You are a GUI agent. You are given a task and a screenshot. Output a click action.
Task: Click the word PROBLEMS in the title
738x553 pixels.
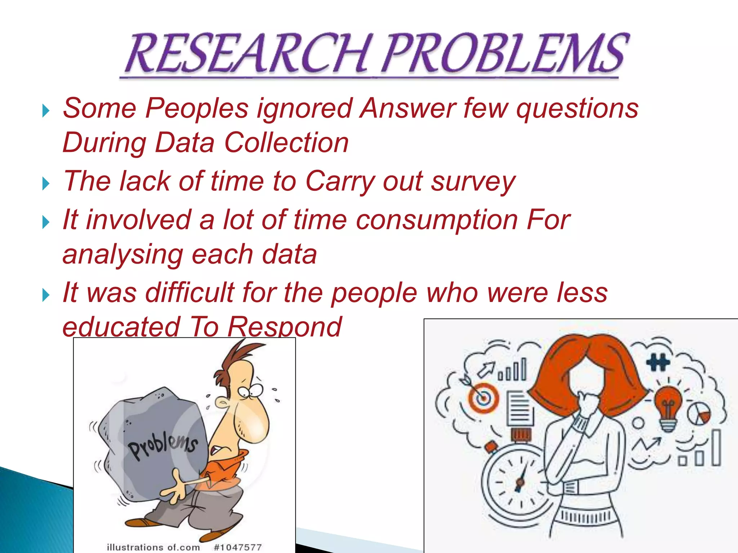click(x=504, y=54)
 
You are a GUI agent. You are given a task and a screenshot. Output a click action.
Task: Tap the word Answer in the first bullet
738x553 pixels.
click(x=407, y=108)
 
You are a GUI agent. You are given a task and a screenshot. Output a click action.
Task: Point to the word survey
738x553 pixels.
click(x=474, y=181)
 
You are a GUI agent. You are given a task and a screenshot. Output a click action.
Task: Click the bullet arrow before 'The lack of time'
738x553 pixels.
click(x=46, y=184)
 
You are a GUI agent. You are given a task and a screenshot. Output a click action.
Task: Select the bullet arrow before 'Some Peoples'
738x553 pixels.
click(x=46, y=111)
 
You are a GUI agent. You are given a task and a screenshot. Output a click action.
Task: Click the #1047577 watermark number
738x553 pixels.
click(x=238, y=547)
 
